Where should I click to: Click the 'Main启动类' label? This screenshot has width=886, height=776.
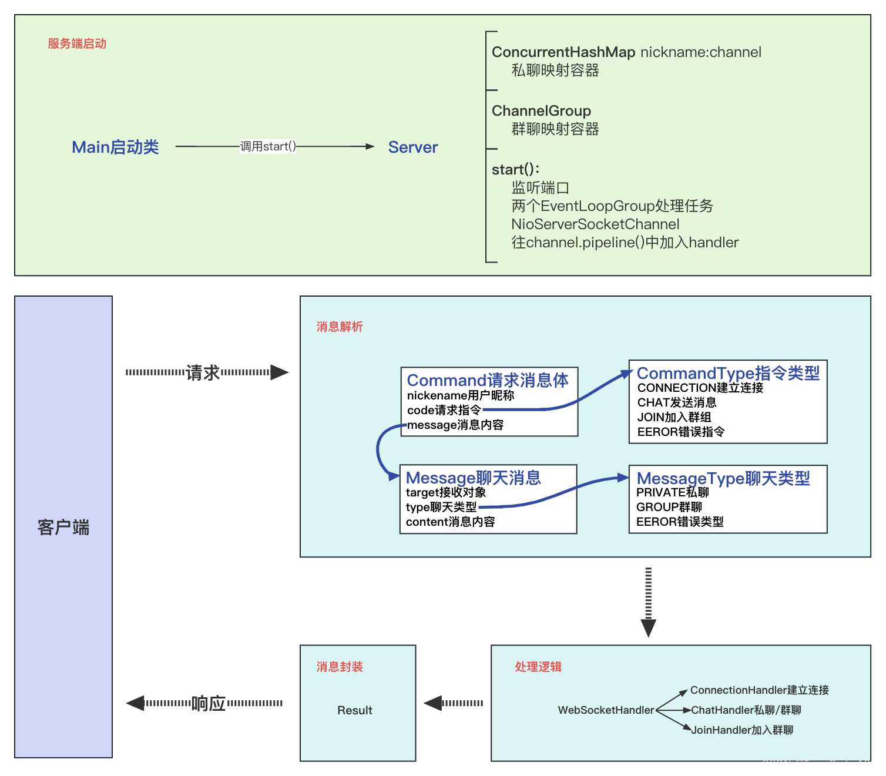[115, 147]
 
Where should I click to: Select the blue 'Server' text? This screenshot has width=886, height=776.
[412, 147]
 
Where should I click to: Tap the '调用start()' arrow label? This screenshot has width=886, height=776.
[268, 146]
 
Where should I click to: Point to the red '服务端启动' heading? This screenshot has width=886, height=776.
[77, 43]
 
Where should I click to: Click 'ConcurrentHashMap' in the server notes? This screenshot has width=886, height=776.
[563, 52]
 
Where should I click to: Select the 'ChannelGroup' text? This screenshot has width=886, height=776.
[541, 111]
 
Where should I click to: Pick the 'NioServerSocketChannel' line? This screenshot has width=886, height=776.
[595, 224]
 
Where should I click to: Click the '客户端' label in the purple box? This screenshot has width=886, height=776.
[63, 528]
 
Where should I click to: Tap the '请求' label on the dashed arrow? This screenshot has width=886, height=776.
[202, 372]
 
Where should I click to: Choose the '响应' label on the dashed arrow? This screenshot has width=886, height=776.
[209, 703]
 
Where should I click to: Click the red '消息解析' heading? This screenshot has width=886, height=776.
[340, 327]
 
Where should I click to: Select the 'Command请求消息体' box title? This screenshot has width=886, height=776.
[488, 380]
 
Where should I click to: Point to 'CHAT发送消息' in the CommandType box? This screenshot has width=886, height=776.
[677, 402]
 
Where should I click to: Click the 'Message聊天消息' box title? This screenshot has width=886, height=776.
[473, 478]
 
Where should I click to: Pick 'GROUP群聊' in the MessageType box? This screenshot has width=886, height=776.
[669, 507]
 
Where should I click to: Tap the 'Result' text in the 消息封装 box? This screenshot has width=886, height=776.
[355, 710]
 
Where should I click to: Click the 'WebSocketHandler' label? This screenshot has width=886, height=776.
[606, 710]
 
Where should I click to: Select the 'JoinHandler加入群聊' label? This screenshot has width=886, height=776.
[742, 730]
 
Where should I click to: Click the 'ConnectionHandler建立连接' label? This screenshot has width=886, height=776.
[759, 690]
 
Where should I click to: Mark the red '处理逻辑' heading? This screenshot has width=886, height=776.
[538, 667]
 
